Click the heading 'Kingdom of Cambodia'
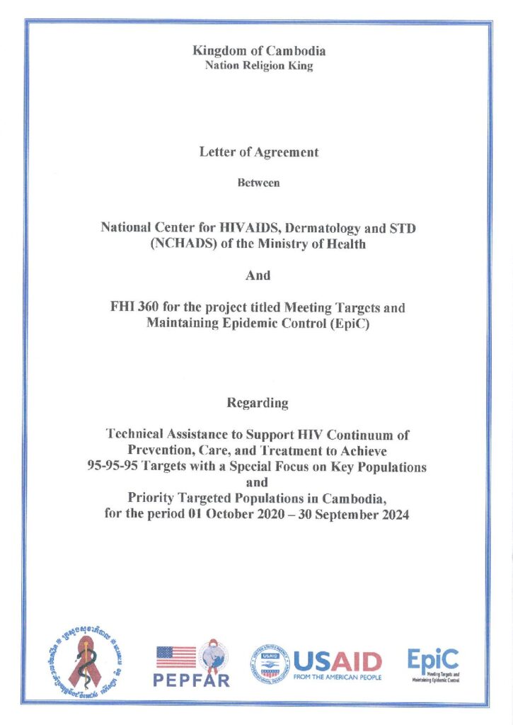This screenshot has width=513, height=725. coord(259,51)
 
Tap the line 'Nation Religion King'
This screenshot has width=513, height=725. coord(259,67)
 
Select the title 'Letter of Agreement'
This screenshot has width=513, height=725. coord(259,152)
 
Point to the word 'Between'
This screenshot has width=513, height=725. coord(259,183)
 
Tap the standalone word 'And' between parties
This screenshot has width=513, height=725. coord(258,275)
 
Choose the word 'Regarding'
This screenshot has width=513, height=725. coord(258,403)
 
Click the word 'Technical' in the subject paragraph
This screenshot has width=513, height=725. coord(135,433)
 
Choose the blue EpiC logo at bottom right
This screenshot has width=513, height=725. coord(433,664)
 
